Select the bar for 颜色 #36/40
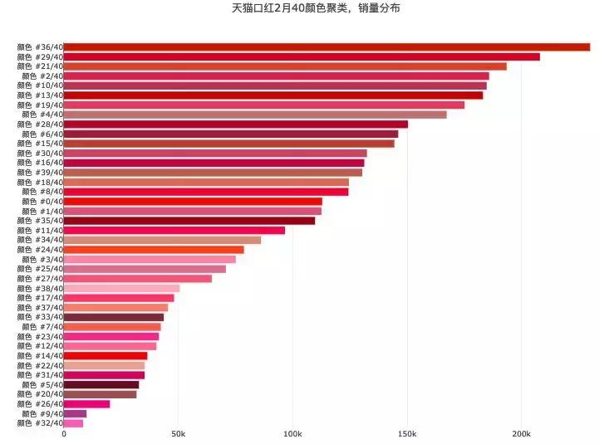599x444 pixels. (x=327, y=47)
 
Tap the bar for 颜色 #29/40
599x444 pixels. (x=302, y=56)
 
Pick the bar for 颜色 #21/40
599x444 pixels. (x=285, y=66)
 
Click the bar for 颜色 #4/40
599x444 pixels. (x=255, y=115)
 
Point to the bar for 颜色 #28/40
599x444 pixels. (x=236, y=124)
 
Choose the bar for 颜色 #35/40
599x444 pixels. (x=189, y=221)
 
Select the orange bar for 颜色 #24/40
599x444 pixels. (x=154, y=250)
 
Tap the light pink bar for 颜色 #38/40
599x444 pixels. (x=121, y=288)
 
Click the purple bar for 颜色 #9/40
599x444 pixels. (x=75, y=413)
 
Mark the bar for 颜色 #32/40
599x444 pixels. (x=73, y=423)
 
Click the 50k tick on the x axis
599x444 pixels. (x=178, y=434)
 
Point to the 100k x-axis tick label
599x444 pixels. (x=292, y=434)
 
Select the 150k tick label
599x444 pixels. (x=407, y=434)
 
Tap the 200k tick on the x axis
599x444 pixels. (x=521, y=434)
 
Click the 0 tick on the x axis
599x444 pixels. (x=64, y=434)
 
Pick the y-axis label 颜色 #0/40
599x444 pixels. (x=39, y=202)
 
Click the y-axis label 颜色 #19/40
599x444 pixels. (x=39, y=105)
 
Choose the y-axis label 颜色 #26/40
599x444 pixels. (x=39, y=404)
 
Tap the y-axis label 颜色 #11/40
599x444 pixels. (x=39, y=231)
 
